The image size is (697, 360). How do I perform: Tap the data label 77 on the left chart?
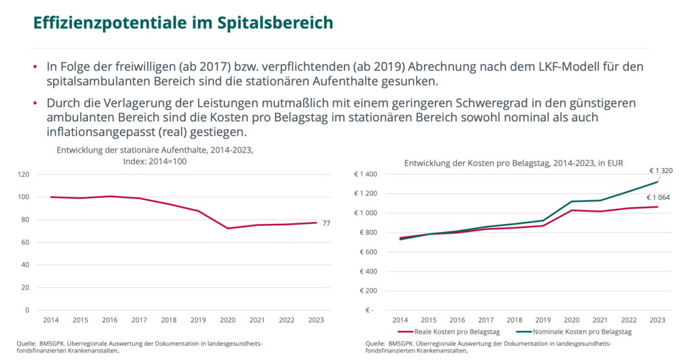pos(326,223)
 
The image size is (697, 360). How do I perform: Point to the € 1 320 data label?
pos(661,170)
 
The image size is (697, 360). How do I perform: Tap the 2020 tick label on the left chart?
pos(227,320)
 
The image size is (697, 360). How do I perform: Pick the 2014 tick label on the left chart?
pos(51,320)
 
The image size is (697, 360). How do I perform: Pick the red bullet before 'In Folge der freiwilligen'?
pos(35,68)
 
